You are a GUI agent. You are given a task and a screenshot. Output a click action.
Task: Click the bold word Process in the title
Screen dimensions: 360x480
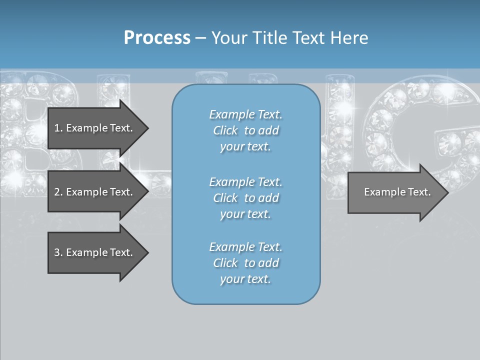157,38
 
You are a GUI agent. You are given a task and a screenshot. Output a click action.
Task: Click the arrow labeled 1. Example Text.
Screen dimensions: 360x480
95,128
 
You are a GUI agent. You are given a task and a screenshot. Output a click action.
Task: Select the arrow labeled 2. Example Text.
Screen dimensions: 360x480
95,192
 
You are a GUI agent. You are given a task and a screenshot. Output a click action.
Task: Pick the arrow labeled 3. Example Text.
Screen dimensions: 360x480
95,252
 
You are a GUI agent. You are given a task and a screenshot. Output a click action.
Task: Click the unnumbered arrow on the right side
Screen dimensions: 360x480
395,192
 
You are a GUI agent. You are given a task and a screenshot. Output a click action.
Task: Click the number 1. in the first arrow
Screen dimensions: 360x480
58,128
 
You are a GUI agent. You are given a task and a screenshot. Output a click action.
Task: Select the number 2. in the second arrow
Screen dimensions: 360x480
58,192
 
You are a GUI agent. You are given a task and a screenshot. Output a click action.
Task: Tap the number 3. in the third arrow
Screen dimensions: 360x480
58,252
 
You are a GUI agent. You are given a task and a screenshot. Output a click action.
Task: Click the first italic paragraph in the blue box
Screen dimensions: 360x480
245,130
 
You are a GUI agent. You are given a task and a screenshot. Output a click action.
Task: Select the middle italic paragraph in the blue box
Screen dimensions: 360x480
245,197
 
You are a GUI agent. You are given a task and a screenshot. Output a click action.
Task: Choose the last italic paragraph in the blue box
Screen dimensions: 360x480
245,263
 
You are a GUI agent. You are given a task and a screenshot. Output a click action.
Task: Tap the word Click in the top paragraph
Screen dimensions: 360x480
225,130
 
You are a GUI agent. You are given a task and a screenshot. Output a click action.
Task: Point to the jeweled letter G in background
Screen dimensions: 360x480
425,135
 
